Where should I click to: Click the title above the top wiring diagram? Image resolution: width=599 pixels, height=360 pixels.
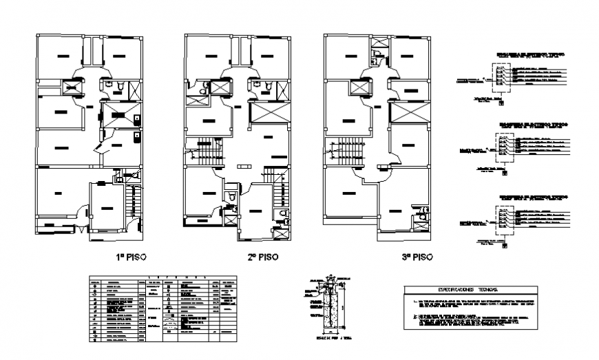pyautogui.click(x=522, y=55)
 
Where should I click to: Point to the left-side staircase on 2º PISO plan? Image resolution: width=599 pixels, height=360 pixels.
pyautogui.click(x=202, y=152)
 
